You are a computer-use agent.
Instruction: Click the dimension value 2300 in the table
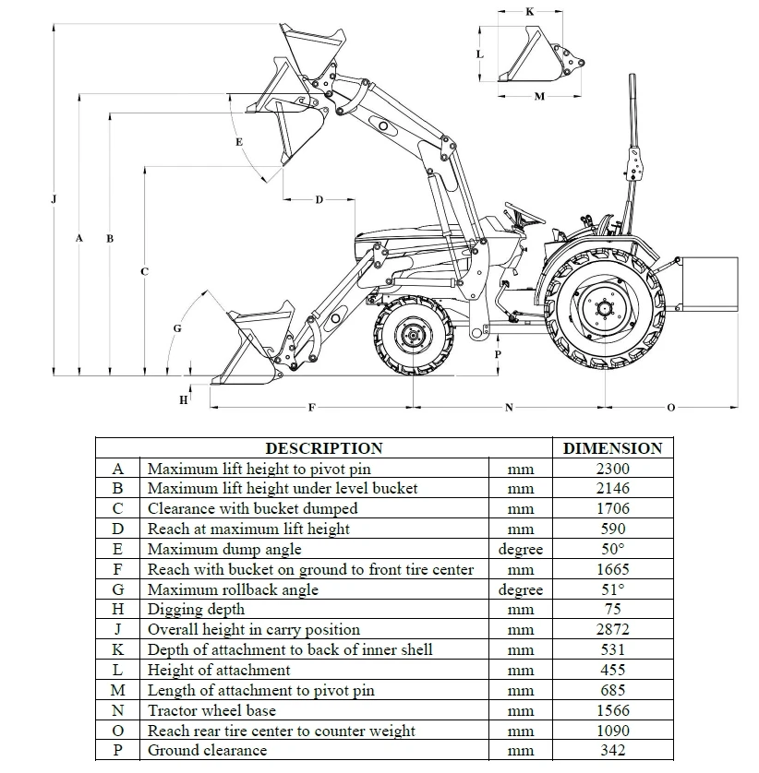point(612,469)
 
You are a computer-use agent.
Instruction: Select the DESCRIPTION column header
point(323,448)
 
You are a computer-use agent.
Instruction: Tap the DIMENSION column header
point(612,448)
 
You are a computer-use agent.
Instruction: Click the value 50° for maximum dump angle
point(612,549)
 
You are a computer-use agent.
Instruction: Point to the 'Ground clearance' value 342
point(612,750)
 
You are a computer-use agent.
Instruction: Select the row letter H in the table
point(117,609)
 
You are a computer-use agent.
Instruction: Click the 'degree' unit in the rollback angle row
point(520,589)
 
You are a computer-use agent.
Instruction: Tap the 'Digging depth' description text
point(196,609)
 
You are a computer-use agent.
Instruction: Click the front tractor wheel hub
point(412,337)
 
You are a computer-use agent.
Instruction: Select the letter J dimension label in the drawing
point(54,199)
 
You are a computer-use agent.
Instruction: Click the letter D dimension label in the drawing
point(319,200)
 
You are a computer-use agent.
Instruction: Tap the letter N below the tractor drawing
point(509,407)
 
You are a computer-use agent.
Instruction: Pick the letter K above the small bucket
point(529,12)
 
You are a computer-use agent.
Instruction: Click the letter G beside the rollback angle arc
point(177,328)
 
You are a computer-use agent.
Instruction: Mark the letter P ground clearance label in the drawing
point(498,353)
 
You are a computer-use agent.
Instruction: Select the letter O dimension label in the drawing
point(670,407)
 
